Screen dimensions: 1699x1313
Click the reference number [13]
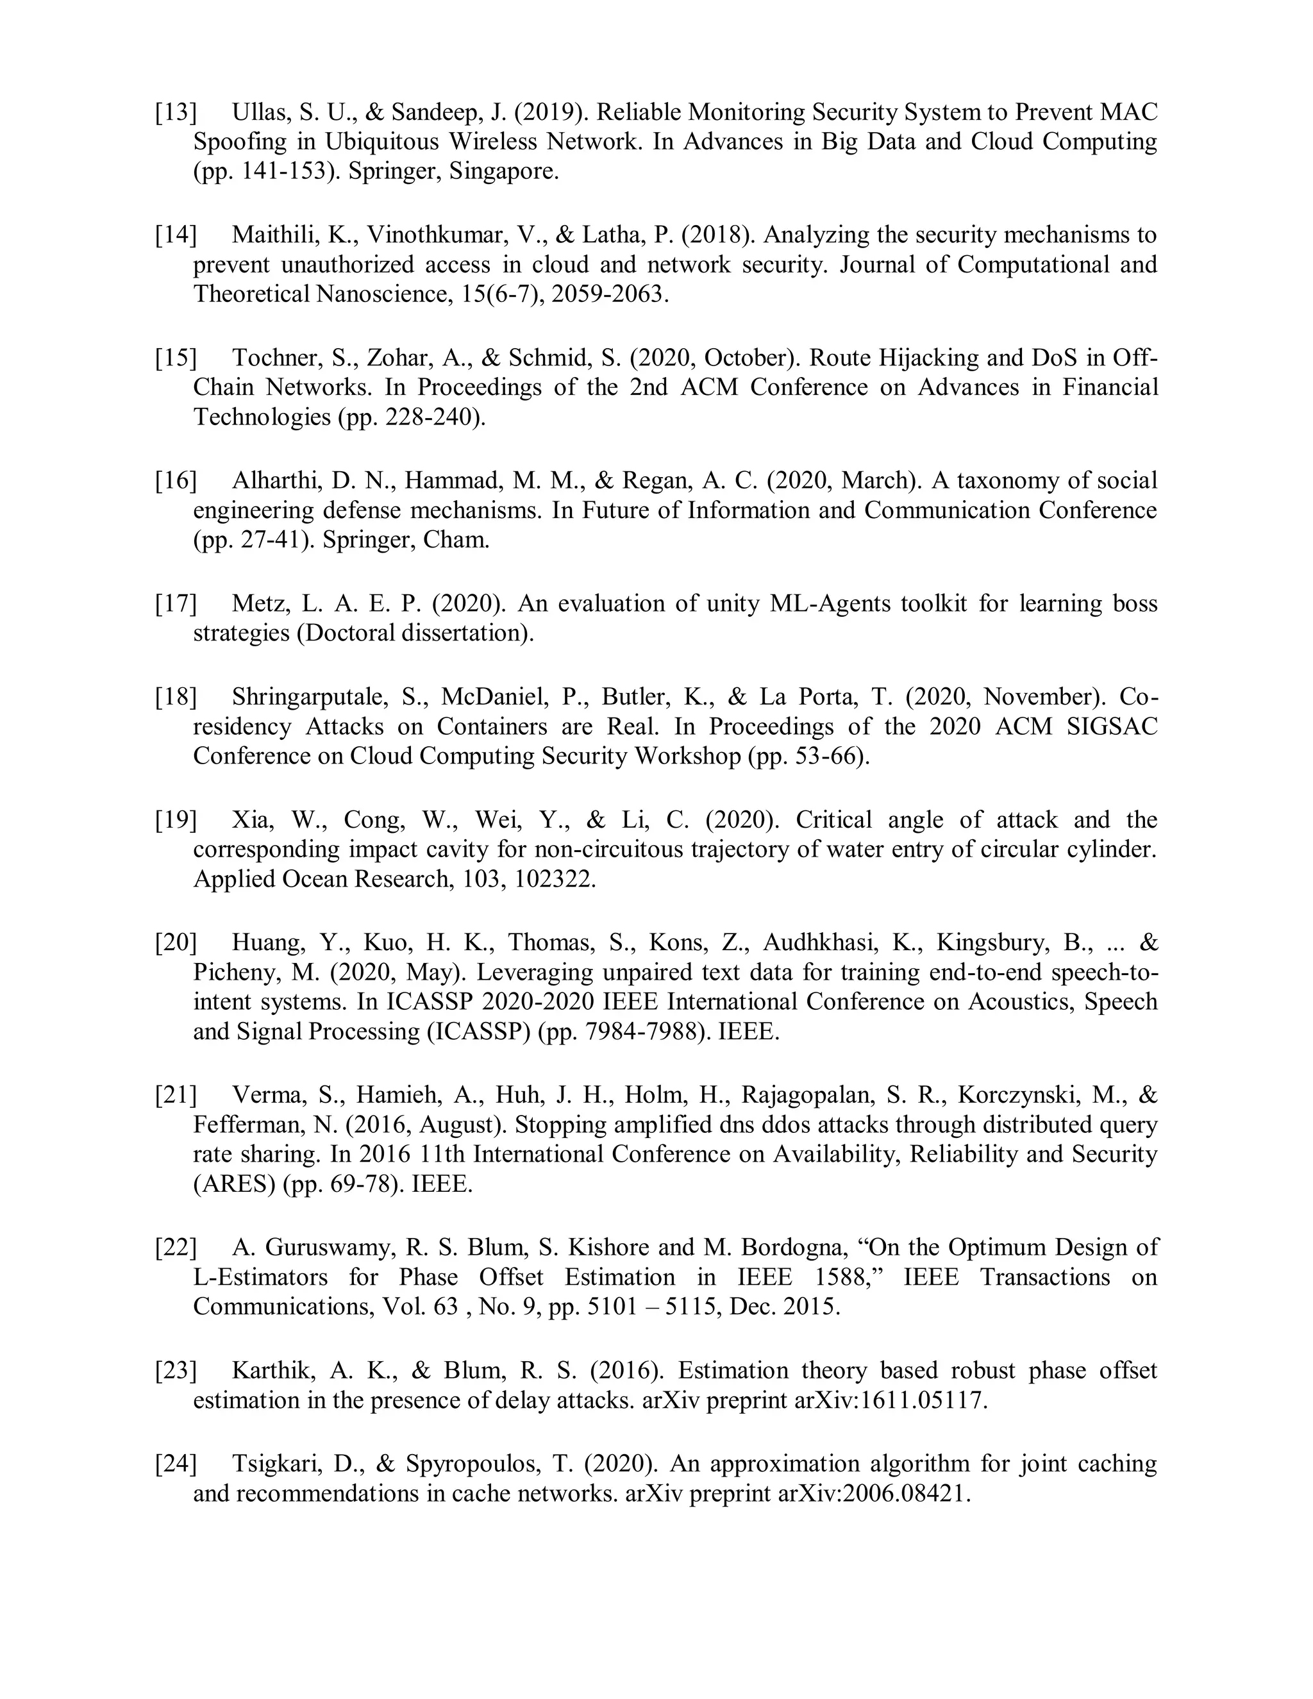176,112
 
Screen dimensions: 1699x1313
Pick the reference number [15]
176,358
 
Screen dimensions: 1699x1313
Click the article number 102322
555,879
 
